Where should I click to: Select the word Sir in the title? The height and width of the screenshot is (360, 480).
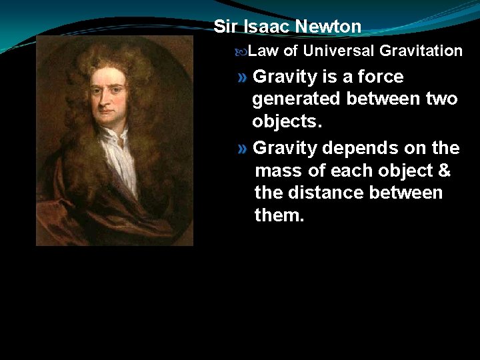coord(225,27)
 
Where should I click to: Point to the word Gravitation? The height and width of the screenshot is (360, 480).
coord(421,51)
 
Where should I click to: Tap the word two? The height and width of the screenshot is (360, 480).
coord(441,99)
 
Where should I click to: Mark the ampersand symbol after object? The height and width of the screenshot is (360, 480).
coord(444,171)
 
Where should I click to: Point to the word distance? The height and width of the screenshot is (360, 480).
coord(321,193)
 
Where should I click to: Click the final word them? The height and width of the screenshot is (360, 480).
coord(279,215)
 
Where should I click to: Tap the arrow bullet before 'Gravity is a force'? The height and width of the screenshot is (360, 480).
coord(243,77)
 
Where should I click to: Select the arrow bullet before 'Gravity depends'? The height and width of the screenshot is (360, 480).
coord(243,147)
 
